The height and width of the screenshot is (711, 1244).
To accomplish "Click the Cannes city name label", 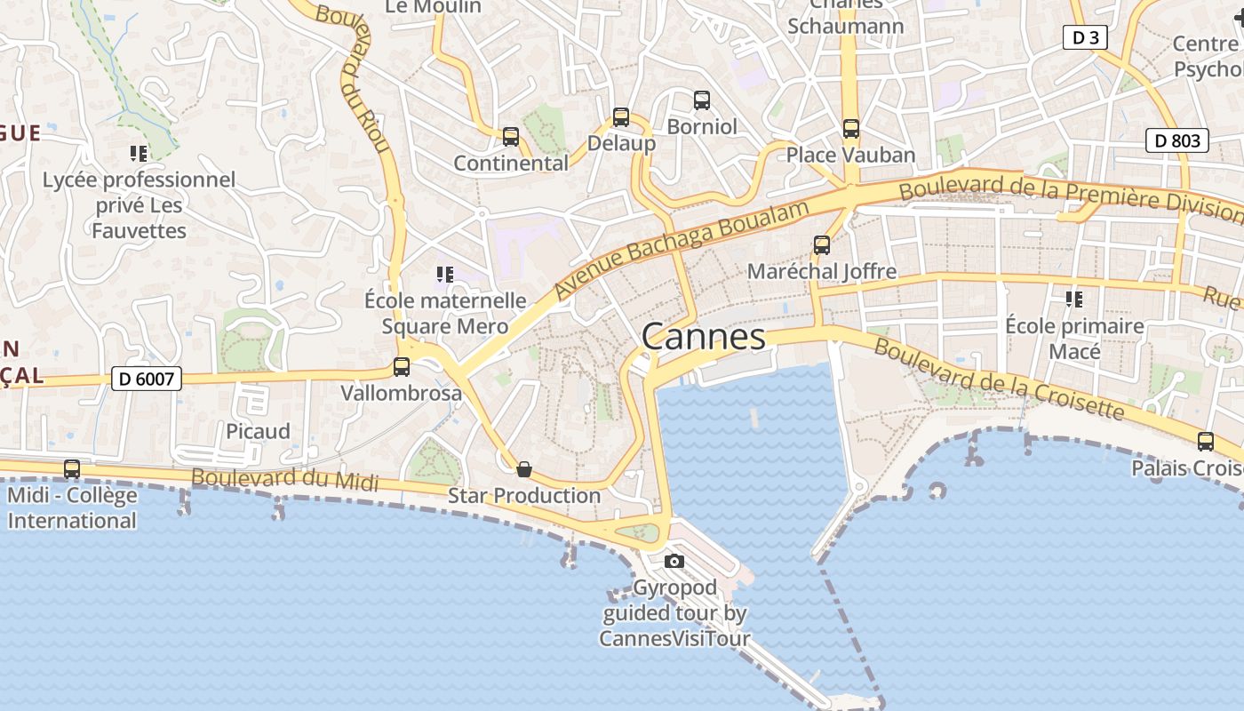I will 703,337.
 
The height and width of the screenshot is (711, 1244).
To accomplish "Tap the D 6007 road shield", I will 147,379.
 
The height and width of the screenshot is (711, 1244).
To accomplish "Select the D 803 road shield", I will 1176,140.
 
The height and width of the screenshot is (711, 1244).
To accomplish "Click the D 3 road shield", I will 1085,37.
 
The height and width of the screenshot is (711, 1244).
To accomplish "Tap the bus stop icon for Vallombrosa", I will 402,366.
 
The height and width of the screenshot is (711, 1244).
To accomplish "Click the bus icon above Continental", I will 511,137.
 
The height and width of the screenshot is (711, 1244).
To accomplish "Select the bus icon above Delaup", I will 621,117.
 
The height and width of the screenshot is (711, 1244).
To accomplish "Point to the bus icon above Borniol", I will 702,100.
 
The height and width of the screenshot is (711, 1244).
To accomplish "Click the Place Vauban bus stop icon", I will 850,129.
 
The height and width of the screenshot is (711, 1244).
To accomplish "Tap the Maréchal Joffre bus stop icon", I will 822,245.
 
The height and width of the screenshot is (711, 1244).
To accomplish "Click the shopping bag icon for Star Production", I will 524,469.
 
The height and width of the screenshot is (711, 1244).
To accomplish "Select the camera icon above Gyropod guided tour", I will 674,561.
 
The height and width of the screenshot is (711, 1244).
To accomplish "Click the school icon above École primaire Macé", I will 1074,300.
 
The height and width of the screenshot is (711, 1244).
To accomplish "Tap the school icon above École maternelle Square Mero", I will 445,275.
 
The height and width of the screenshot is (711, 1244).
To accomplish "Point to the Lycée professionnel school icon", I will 139,154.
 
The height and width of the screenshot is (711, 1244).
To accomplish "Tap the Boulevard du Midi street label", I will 284,480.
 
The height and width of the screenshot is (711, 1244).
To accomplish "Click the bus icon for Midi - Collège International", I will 72,468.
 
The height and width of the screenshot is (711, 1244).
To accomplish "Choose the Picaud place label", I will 258,431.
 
